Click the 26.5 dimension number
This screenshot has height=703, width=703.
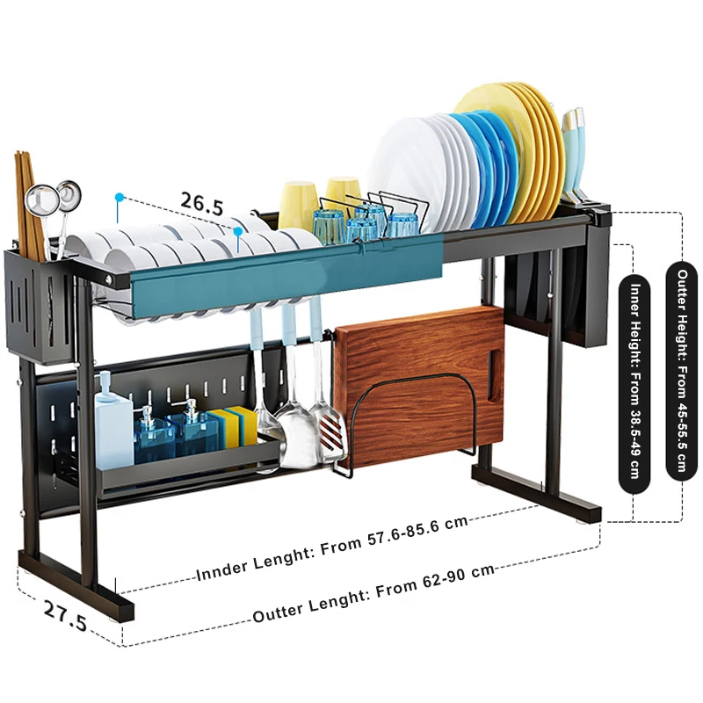(202, 204)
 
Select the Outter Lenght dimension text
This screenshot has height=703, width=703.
(373, 593)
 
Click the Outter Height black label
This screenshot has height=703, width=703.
(682, 371)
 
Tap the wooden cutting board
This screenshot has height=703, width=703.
(419, 386)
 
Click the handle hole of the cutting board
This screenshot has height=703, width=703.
(495, 375)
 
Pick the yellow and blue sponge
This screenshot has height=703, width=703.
(234, 426)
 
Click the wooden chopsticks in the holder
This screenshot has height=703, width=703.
(30, 207)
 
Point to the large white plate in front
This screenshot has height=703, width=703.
(407, 170)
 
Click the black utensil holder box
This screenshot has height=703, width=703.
(40, 306)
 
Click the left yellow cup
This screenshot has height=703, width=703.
(297, 207)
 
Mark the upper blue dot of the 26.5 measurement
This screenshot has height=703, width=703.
(119, 197)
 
